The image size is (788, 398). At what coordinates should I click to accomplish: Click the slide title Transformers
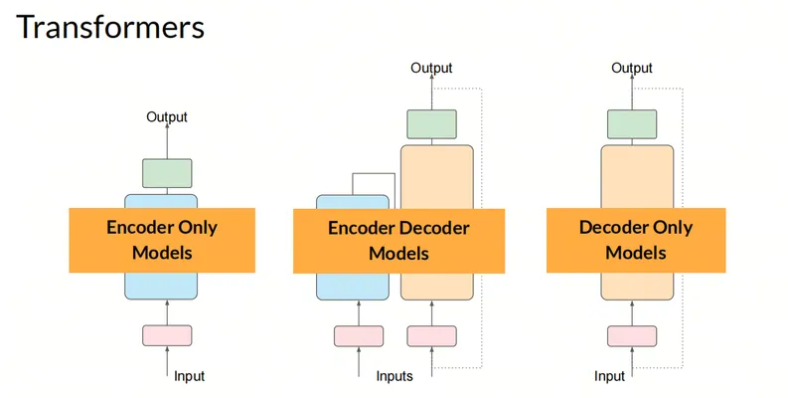[x=110, y=27]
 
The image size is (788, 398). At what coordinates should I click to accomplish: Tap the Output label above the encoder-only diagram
[x=167, y=116]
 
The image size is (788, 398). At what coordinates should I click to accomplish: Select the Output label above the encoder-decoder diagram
[x=431, y=68]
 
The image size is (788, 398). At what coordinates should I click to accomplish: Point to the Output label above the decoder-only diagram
[x=632, y=68]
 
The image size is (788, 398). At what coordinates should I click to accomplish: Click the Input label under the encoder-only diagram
[x=190, y=376]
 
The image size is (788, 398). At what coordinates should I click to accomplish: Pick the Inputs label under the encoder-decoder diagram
[x=394, y=376]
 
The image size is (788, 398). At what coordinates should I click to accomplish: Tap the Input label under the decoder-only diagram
[x=609, y=376]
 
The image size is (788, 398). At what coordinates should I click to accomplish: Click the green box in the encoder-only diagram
[x=167, y=173]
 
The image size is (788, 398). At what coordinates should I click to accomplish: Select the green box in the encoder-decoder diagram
[x=431, y=124]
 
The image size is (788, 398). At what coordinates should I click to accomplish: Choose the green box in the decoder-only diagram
[x=632, y=124]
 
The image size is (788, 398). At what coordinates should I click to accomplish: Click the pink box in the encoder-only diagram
[x=167, y=335]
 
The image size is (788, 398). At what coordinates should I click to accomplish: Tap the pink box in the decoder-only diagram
[x=632, y=336]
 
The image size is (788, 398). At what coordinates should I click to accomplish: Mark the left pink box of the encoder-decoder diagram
[x=359, y=336]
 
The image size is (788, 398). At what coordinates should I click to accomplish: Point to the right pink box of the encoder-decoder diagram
[x=431, y=336]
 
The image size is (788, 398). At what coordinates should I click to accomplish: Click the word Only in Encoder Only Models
[x=198, y=228]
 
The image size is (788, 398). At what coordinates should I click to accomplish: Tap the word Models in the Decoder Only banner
[x=636, y=252]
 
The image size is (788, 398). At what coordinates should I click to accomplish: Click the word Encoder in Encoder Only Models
[x=140, y=228]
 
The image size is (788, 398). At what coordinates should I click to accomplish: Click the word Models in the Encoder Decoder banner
[x=399, y=253]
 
